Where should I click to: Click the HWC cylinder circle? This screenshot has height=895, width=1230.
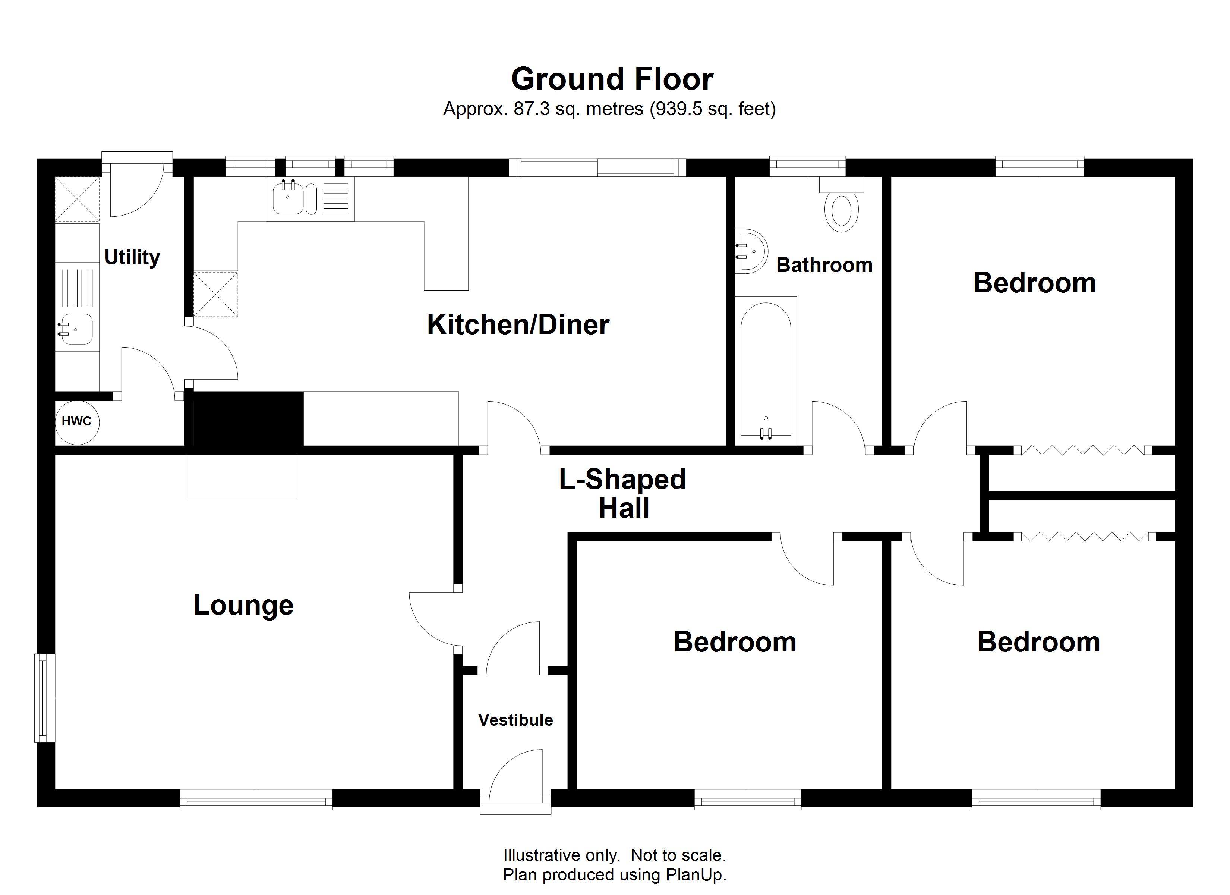77,422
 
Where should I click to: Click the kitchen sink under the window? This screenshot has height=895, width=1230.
288,198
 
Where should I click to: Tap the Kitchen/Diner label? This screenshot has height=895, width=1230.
518,324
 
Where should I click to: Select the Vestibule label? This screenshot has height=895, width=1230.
515,720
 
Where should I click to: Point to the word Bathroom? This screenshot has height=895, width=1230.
824,265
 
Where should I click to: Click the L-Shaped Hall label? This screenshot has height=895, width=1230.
622,493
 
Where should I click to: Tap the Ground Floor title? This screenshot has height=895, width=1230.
612,79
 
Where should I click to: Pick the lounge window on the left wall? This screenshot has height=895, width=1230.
45,697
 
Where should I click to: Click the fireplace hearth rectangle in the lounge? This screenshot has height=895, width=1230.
242,477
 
